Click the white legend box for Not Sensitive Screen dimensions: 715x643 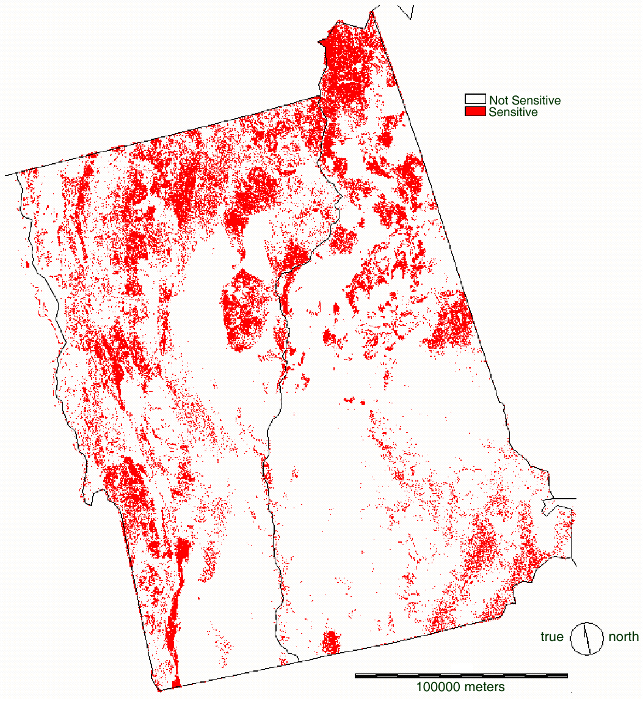point(475,100)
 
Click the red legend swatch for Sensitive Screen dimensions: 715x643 point(475,112)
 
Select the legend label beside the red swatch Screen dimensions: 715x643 point(513,112)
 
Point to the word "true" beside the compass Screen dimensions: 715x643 point(551,637)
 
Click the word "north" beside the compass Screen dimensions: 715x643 point(623,637)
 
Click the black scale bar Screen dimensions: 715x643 point(461,676)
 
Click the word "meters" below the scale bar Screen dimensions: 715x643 point(484,687)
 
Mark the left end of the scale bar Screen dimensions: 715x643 point(356,676)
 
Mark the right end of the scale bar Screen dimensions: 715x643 point(567,676)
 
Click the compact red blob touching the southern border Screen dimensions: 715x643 point(330,642)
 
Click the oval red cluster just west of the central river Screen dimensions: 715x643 point(243,312)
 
